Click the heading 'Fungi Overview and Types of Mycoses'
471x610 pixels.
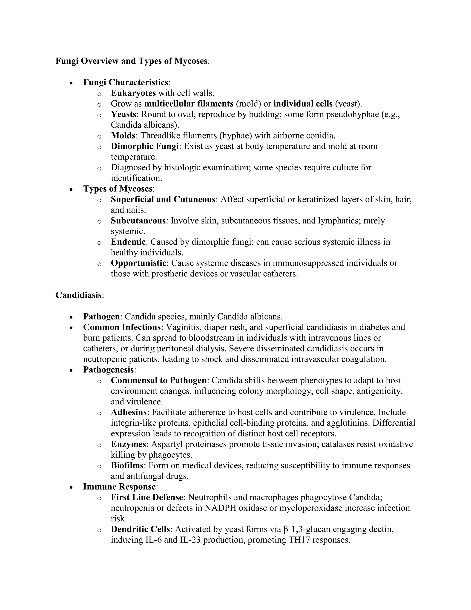click(131, 61)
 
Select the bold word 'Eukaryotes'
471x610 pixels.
click(133, 93)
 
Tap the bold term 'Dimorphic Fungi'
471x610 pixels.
click(144, 146)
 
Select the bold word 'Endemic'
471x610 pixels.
click(128, 242)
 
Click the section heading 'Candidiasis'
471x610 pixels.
click(78, 295)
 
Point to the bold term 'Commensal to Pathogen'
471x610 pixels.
click(158, 381)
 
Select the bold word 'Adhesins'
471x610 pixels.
click(129, 412)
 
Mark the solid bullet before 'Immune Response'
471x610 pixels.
click(72, 487)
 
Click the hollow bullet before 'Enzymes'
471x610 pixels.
click(99, 445)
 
